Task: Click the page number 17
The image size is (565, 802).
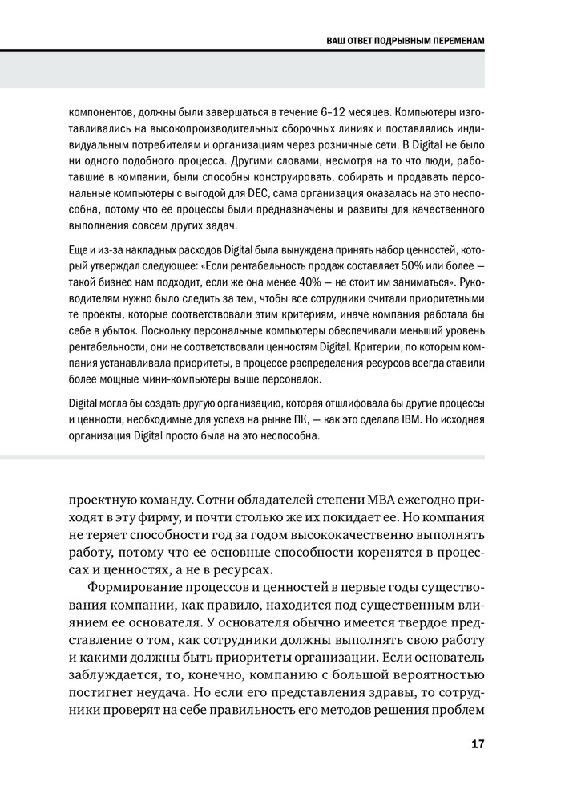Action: (x=477, y=744)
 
